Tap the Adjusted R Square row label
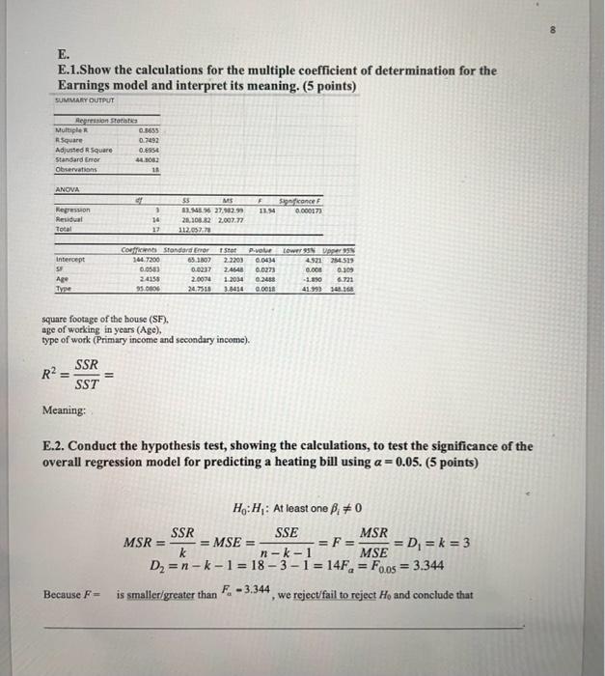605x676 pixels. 83,148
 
